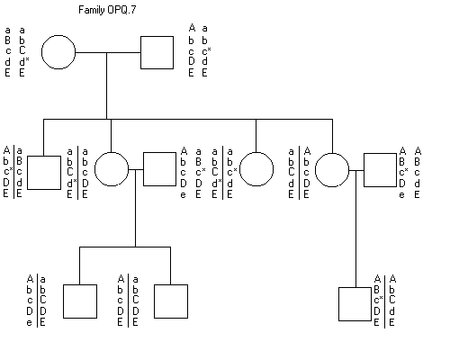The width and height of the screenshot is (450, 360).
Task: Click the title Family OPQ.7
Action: [x=107, y=10]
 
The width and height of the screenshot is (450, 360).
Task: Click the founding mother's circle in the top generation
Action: [x=58, y=52]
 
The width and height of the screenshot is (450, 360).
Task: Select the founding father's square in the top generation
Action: [x=157, y=52]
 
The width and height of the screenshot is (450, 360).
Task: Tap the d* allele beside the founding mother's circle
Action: [x=24, y=61]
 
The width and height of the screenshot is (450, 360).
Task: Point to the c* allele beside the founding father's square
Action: [x=206, y=51]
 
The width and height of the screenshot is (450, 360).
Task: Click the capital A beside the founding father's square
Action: [x=192, y=28]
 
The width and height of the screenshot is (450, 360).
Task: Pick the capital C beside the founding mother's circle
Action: [x=22, y=50]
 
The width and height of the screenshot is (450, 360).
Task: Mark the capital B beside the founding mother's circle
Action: [x=7, y=40]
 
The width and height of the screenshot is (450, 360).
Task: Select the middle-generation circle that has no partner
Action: [x=256, y=169]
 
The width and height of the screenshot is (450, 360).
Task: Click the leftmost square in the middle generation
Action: [x=44, y=173]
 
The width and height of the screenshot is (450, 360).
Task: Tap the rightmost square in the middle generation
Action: [x=380, y=170]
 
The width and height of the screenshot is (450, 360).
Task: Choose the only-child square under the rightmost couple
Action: [x=355, y=304]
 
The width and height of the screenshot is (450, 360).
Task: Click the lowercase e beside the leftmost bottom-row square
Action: [x=29, y=323]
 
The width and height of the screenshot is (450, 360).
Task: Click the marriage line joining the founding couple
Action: [x=108, y=52]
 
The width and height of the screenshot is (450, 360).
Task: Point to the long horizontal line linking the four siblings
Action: [x=188, y=119]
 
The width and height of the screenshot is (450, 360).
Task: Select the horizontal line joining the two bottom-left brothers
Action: [x=125, y=247]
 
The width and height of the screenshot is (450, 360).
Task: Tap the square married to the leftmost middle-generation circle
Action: [x=159, y=169]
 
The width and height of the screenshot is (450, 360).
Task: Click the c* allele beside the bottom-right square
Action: [x=379, y=300]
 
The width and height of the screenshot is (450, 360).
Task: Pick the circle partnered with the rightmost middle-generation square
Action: [x=332, y=170]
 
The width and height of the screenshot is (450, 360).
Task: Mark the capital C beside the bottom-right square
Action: [x=391, y=300]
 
